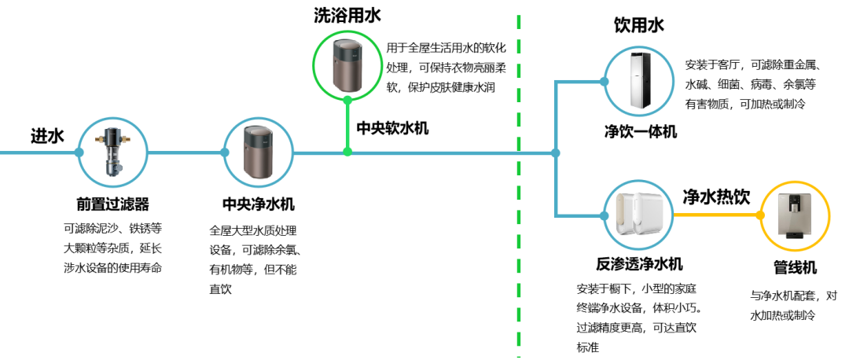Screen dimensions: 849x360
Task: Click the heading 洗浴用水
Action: [x=347, y=15]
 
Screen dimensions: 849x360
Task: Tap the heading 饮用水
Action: [x=638, y=25]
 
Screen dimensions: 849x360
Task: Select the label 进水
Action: [x=47, y=136]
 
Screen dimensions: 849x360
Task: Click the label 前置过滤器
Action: [x=112, y=204]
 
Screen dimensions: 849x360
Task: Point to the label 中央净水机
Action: [x=259, y=204]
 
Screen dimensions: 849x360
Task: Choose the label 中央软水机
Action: [x=392, y=128]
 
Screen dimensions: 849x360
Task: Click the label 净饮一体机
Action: [x=641, y=131]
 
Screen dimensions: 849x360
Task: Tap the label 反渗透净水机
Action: [x=639, y=263]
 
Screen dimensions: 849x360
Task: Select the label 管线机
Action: [x=795, y=267]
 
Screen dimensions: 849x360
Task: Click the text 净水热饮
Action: [x=716, y=197]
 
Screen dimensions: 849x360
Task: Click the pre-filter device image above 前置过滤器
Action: [x=112, y=152]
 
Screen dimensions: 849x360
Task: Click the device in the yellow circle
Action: [x=795, y=215]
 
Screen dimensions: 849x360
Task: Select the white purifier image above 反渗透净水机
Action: [x=639, y=215]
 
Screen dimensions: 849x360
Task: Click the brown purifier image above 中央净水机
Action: [x=258, y=152]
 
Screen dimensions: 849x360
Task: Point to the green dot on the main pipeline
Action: [x=347, y=152]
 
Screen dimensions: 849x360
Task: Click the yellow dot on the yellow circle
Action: [x=760, y=215]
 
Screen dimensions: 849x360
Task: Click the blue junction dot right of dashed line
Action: [x=555, y=152]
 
